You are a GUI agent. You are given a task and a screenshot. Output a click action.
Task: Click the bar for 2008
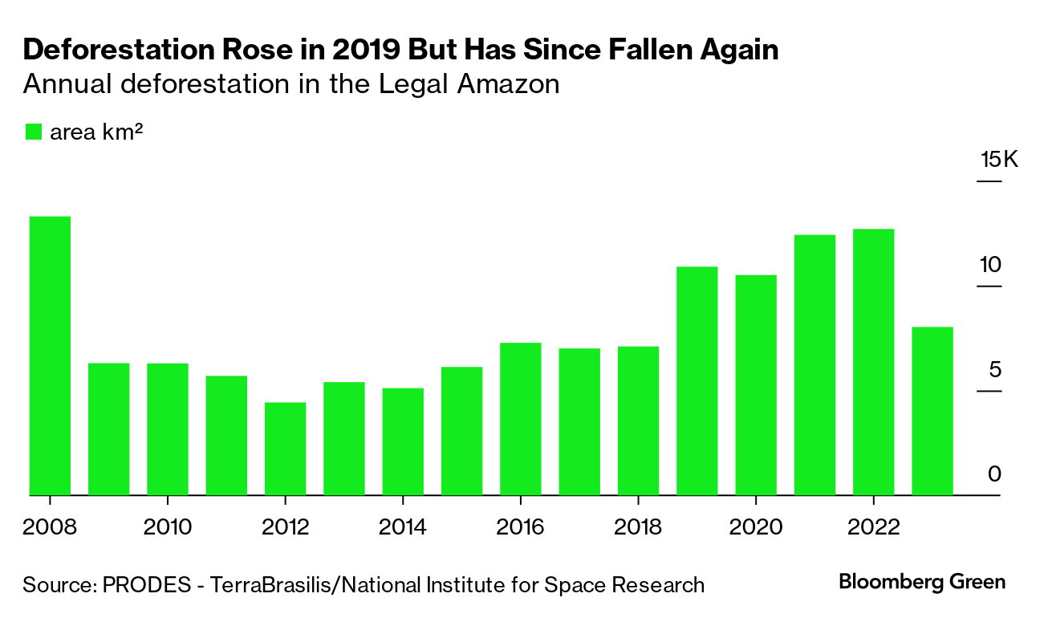click(50, 356)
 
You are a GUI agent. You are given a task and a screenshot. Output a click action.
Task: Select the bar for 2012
click(285, 449)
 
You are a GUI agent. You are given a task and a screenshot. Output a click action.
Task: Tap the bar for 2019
click(697, 381)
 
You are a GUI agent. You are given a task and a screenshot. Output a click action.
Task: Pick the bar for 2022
click(873, 363)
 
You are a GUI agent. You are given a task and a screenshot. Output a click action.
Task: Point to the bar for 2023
click(932, 412)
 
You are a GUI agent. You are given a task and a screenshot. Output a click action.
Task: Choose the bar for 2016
click(520, 420)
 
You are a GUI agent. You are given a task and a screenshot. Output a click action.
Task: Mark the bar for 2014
click(403, 442)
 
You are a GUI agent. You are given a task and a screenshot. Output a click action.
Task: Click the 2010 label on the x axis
click(167, 527)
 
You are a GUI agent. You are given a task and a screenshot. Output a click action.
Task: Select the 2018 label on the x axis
click(637, 527)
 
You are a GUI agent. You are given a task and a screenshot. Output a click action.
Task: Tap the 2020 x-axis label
click(755, 527)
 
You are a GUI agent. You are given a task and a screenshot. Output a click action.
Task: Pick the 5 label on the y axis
click(996, 370)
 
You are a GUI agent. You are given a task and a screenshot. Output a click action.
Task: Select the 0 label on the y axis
click(995, 474)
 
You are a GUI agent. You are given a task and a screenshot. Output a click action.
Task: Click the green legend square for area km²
click(33, 132)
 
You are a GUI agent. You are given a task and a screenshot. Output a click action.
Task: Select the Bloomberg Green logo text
click(922, 582)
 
